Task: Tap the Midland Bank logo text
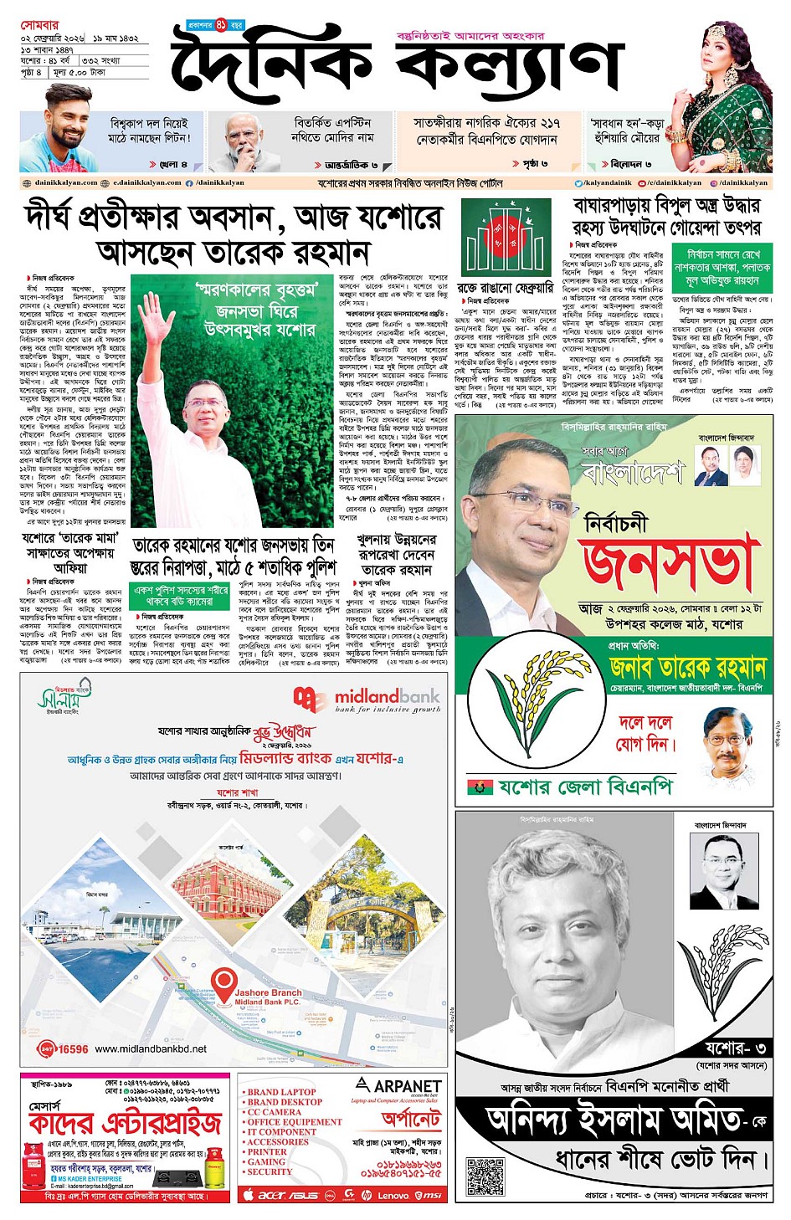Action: pyautogui.click(x=387, y=696)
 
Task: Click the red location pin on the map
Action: pyautogui.click(x=223, y=981)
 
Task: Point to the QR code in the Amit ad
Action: pyautogui.click(x=485, y=1176)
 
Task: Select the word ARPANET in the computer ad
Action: pyautogui.click(x=407, y=1085)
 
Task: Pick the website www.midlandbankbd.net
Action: pyautogui.click(x=151, y=1048)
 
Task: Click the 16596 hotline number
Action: pyautogui.click(x=74, y=1048)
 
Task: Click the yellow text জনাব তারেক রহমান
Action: pyautogui.click(x=687, y=667)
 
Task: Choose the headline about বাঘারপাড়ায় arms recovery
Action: pyautogui.click(x=666, y=216)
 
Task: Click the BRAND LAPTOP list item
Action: pyautogui.click(x=281, y=1092)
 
